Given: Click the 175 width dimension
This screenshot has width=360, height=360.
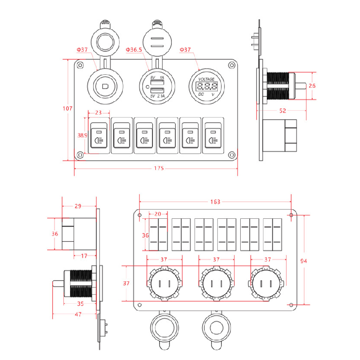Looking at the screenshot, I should point(158,168).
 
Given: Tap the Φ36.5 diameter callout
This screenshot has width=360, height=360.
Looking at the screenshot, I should point(134,49).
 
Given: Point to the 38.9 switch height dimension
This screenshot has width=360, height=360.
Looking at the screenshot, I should point(82,135).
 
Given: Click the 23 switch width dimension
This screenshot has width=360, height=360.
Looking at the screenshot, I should point(99,113).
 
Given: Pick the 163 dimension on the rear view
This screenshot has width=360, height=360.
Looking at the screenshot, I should point(215,202).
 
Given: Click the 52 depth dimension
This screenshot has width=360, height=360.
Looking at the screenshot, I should point(283,111).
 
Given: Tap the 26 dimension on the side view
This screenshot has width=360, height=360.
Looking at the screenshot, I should point(312,85).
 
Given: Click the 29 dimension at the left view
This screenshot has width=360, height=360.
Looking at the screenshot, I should point(78,206).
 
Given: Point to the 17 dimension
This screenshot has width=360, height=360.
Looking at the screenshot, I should point(84,256).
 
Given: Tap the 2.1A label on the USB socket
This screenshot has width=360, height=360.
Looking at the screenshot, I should point(160,96).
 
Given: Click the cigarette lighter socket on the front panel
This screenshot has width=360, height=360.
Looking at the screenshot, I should point(104,85).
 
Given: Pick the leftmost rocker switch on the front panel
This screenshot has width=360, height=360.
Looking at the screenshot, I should point(99,135).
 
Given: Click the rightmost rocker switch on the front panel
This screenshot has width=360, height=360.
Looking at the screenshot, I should point(212,135).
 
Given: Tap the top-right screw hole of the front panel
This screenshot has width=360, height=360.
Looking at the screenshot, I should point(232,66).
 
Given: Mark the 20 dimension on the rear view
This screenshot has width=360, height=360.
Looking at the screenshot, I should point(158,214).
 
